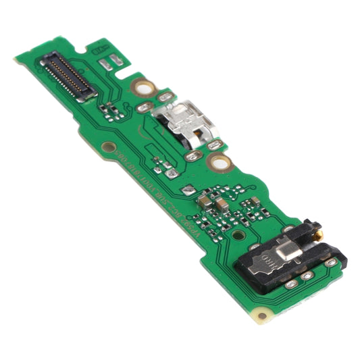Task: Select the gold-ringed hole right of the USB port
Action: (219, 161)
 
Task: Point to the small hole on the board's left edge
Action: (107, 146)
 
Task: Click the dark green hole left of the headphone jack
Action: (239, 236)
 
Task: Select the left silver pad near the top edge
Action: (105, 64)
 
